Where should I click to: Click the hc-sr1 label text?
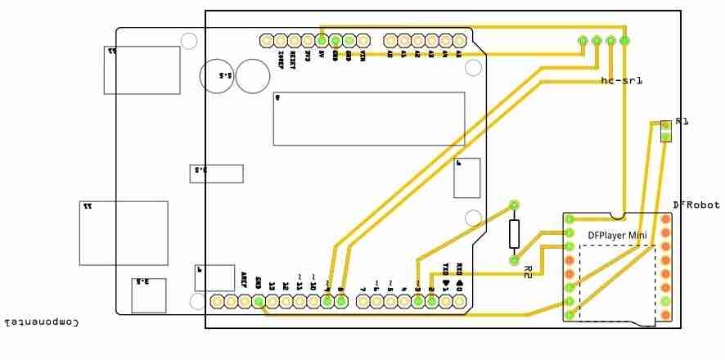[x=621, y=80]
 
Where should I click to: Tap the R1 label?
[x=682, y=121]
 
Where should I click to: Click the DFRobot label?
[x=696, y=205]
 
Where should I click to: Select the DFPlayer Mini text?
[x=617, y=236]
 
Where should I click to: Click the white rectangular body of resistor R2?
[x=514, y=233]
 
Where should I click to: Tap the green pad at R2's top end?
[x=514, y=205]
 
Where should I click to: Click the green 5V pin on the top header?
[x=322, y=40]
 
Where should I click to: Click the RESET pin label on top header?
[x=293, y=56]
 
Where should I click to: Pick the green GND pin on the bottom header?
[x=258, y=301]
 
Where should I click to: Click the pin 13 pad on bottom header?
[x=272, y=301]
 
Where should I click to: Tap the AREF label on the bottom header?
[x=244, y=281]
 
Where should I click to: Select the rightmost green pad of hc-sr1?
[x=624, y=40]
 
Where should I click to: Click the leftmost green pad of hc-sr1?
[x=583, y=40]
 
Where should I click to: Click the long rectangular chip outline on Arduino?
[x=369, y=119]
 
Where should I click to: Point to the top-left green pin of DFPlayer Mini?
[x=570, y=219]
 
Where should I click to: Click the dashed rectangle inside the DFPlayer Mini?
[x=617, y=281]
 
